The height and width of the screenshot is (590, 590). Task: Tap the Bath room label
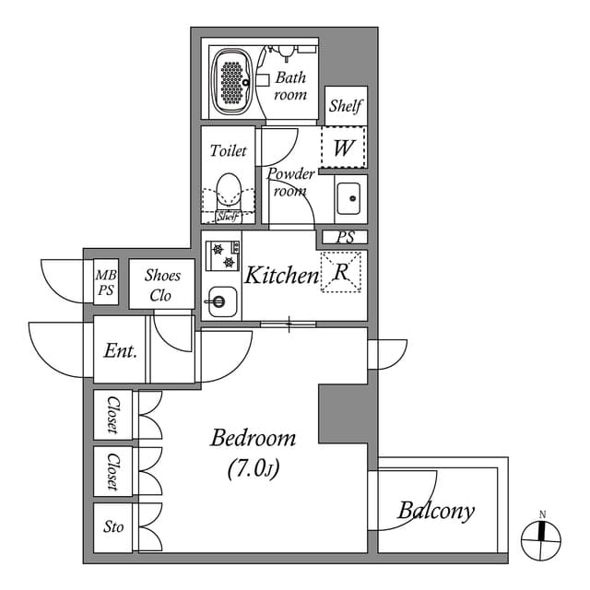coord(290,87)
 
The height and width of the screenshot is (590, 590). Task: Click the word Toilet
coord(228,150)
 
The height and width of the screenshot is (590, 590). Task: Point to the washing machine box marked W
coord(343,147)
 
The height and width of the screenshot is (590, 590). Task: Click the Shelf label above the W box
coord(346,106)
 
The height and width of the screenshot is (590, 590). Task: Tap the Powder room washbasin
coord(348,198)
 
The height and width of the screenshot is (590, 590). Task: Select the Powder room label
coord(291,182)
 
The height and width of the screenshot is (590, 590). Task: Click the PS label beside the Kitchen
coord(345,238)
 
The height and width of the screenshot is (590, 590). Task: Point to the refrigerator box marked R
coord(339,272)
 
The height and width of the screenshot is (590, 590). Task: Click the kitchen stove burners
coord(221,255)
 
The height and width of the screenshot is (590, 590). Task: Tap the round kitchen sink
coord(218,301)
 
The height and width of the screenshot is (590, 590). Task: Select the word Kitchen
coord(281,275)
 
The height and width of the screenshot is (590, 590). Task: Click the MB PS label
coord(106,282)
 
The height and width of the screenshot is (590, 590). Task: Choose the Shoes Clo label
coord(162,286)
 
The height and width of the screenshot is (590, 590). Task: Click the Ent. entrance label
coord(121,351)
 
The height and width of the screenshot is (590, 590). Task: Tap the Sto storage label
coord(113,527)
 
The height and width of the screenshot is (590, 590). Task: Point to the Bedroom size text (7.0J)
coord(253,469)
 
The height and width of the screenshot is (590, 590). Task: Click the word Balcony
coord(436,510)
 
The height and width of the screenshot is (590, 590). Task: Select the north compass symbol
coord(542,535)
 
